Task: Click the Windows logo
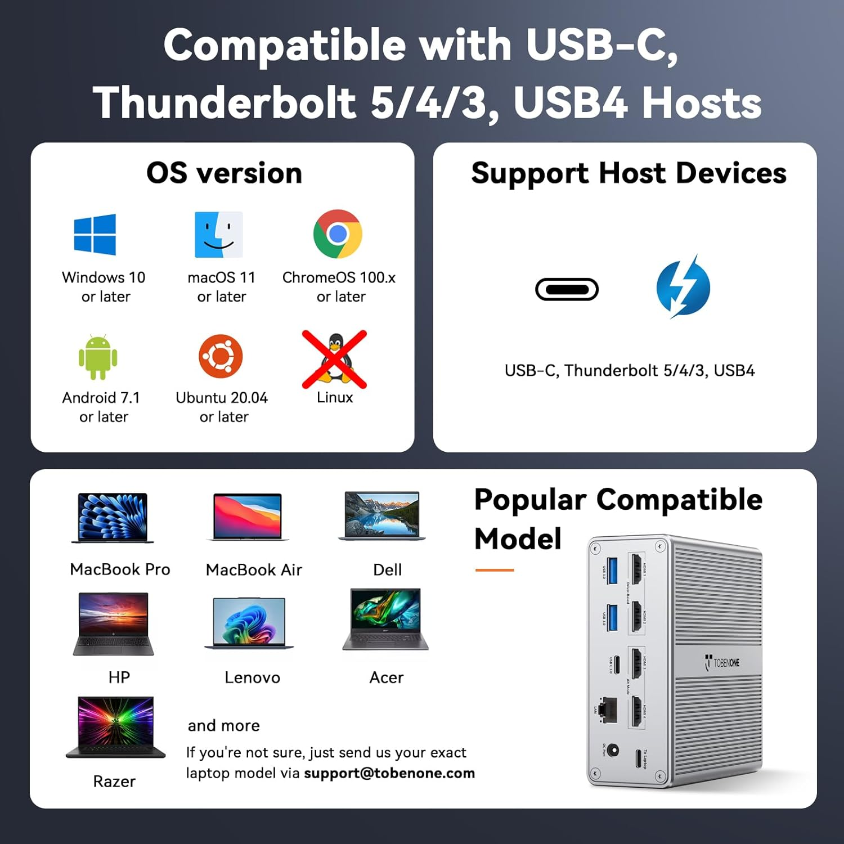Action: (95, 235)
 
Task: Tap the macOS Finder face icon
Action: (218, 235)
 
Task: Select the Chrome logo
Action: (338, 234)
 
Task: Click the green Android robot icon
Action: (98, 357)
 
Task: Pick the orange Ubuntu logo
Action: (221, 357)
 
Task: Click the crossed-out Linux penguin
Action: (335, 360)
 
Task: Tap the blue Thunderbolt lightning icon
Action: (683, 287)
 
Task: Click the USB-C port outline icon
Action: (567, 289)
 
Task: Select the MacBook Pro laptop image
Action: (113, 518)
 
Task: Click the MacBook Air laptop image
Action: (248, 517)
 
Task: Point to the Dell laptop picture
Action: (382, 515)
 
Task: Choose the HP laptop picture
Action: (114, 623)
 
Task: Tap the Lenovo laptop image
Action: (249, 623)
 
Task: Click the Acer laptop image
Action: (385, 619)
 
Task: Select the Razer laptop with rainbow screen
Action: (116, 727)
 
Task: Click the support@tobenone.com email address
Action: (389, 773)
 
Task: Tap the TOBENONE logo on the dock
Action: (722, 663)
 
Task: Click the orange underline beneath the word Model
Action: (495, 570)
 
